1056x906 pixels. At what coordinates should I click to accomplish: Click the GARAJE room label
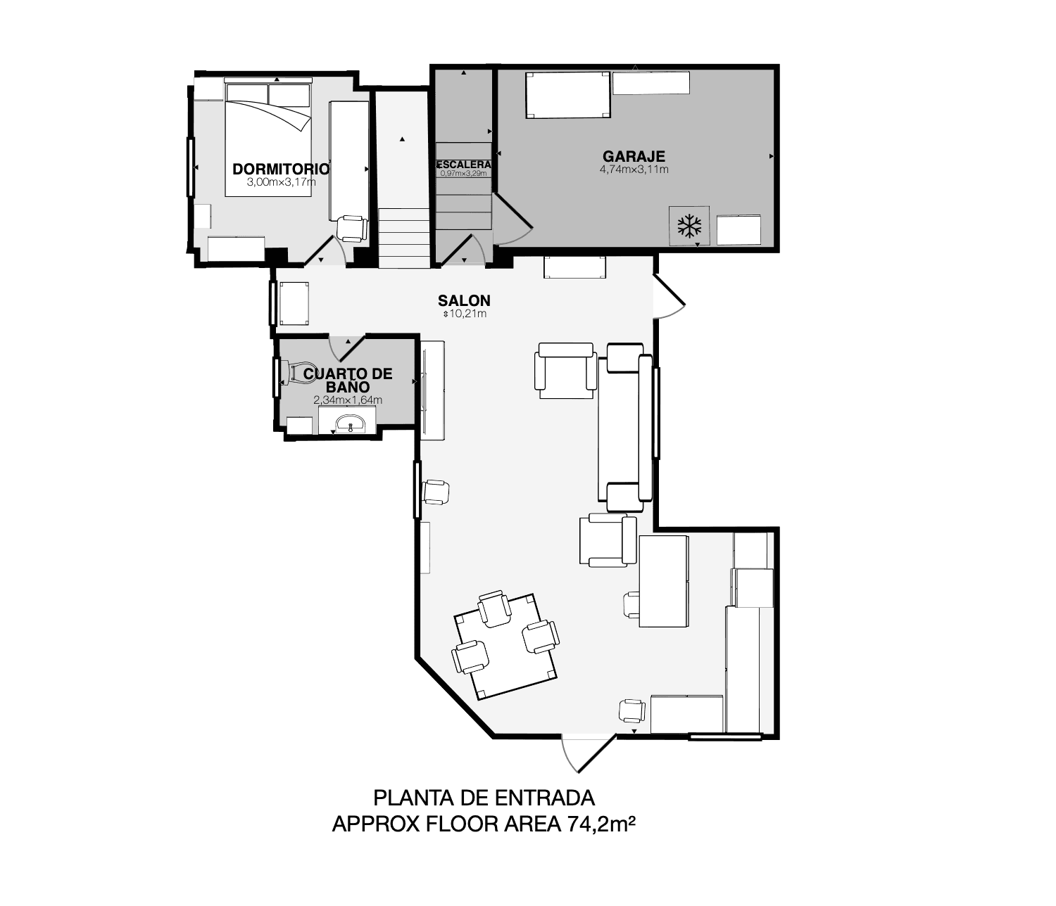(x=634, y=155)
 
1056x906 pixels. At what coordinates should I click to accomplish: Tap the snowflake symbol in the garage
(x=689, y=226)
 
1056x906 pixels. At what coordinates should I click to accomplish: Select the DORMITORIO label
(x=281, y=169)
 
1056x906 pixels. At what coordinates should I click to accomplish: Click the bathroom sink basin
(x=351, y=423)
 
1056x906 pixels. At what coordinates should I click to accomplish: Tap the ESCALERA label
(x=463, y=165)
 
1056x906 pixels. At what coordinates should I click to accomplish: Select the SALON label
(x=464, y=300)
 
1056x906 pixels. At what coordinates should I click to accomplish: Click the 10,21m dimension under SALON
(x=465, y=314)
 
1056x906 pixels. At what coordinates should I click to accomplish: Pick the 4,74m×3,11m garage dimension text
(x=634, y=170)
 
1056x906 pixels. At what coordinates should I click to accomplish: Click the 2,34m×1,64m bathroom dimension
(x=348, y=400)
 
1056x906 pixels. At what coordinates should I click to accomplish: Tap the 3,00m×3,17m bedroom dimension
(x=282, y=182)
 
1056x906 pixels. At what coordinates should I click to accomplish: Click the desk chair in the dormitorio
(x=352, y=228)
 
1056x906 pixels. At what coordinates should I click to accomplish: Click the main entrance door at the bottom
(x=588, y=752)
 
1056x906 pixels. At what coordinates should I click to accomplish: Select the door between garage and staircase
(x=513, y=220)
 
